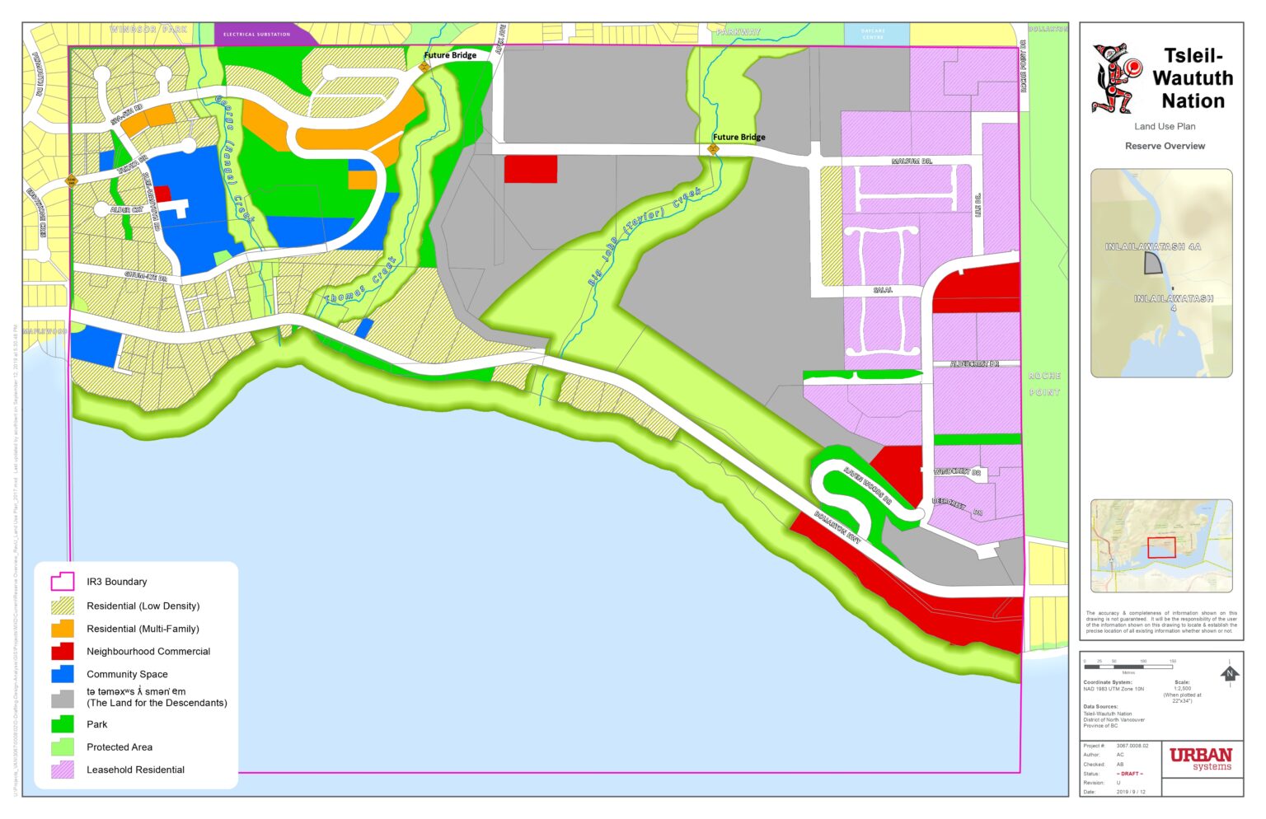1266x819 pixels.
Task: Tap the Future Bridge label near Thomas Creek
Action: [450, 55]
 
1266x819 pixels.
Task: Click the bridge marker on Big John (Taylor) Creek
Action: [713, 149]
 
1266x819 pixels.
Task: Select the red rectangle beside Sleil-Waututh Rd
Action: [162, 194]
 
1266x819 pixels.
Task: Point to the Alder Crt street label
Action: [126, 210]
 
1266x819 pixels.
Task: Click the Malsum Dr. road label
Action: [912, 161]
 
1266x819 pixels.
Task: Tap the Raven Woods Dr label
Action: [867, 487]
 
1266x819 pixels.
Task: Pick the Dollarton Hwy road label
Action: [837, 527]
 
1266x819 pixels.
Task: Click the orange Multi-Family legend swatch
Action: [63, 629]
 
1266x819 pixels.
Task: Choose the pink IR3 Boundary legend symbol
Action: [63, 582]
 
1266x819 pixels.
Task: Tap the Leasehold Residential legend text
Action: [135, 770]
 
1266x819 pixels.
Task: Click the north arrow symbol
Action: [1230, 673]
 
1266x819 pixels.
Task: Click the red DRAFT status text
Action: [1129, 774]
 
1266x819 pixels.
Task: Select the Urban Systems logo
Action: [1201, 758]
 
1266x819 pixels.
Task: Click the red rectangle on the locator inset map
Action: [1161, 547]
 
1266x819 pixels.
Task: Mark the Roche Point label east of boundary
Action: [1044, 384]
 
